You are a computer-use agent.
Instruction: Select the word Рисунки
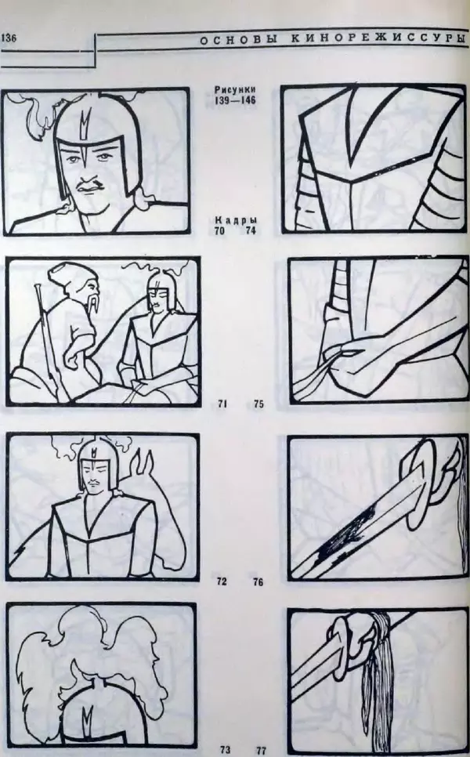tap(235, 90)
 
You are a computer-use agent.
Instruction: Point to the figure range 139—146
tap(235, 101)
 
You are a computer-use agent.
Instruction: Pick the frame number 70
tap(219, 230)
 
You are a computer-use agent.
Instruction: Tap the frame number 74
tap(251, 230)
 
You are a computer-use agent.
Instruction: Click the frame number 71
tap(222, 404)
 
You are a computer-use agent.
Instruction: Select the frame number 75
tap(258, 404)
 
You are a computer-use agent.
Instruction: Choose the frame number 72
tap(222, 581)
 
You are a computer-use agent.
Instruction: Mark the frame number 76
tap(258, 582)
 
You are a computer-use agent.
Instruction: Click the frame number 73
tap(225, 750)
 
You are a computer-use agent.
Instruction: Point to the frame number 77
tap(261, 750)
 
